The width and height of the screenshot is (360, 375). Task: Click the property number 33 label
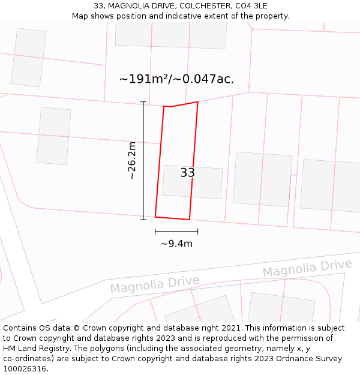[x=187, y=173]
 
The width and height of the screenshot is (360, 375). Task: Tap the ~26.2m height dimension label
[x=132, y=161]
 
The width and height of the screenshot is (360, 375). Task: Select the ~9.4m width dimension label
[x=176, y=244]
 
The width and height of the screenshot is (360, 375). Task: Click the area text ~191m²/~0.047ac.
[x=176, y=79]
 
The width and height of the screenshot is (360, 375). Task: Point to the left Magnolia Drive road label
[x=154, y=284]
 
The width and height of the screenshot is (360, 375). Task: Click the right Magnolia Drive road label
[x=307, y=268]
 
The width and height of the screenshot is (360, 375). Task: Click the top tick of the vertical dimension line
[x=143, y=102]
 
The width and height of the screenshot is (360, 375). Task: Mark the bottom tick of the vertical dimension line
[x=143, y=220]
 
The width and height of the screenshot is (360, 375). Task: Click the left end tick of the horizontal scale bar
[x=155, y=231]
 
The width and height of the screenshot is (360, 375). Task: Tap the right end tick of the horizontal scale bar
[x=197, y=231]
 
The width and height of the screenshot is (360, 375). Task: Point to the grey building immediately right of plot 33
[x=262, y=179]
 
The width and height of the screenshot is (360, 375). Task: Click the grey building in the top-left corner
[x=28, y=57]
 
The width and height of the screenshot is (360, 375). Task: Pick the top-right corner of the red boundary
[x=197, y=102]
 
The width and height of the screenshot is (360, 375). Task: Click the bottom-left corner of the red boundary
[x=155, y=217]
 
